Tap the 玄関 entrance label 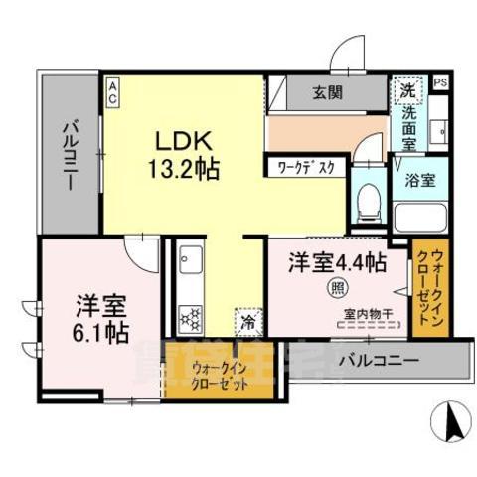point(329,93)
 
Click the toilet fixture point(368,201)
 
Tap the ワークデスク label point(306,167)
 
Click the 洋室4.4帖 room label point(338,263)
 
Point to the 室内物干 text point(364,314)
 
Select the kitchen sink point(190,266)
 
